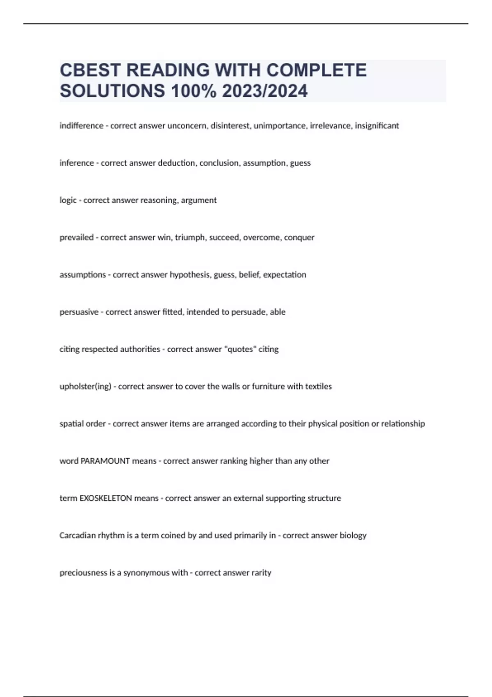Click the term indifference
pos(81,125)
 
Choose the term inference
pos(77,163)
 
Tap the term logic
pos(68,200)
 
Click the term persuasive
pos(79,312)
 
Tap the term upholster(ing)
pos(85,387)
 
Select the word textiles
pos(318,387)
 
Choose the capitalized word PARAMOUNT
pos(105,461)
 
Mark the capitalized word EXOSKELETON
pos(105,498)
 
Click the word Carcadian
pos(77,535)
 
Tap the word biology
pos(353,535)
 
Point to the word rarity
pos(261,573)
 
